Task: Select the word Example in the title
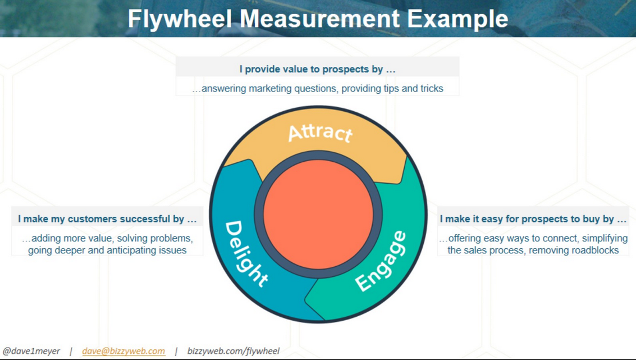457,19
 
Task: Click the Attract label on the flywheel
320,133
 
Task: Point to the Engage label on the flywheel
381,261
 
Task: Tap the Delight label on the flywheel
245,253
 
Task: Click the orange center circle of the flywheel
318,214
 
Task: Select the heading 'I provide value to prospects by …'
317,70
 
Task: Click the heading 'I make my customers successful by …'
107,219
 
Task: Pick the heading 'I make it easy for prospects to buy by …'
533,219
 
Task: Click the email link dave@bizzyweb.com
123,351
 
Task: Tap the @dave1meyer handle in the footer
31,351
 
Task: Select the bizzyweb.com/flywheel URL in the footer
233,351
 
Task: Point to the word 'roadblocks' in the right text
595,250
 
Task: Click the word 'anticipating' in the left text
124,250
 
